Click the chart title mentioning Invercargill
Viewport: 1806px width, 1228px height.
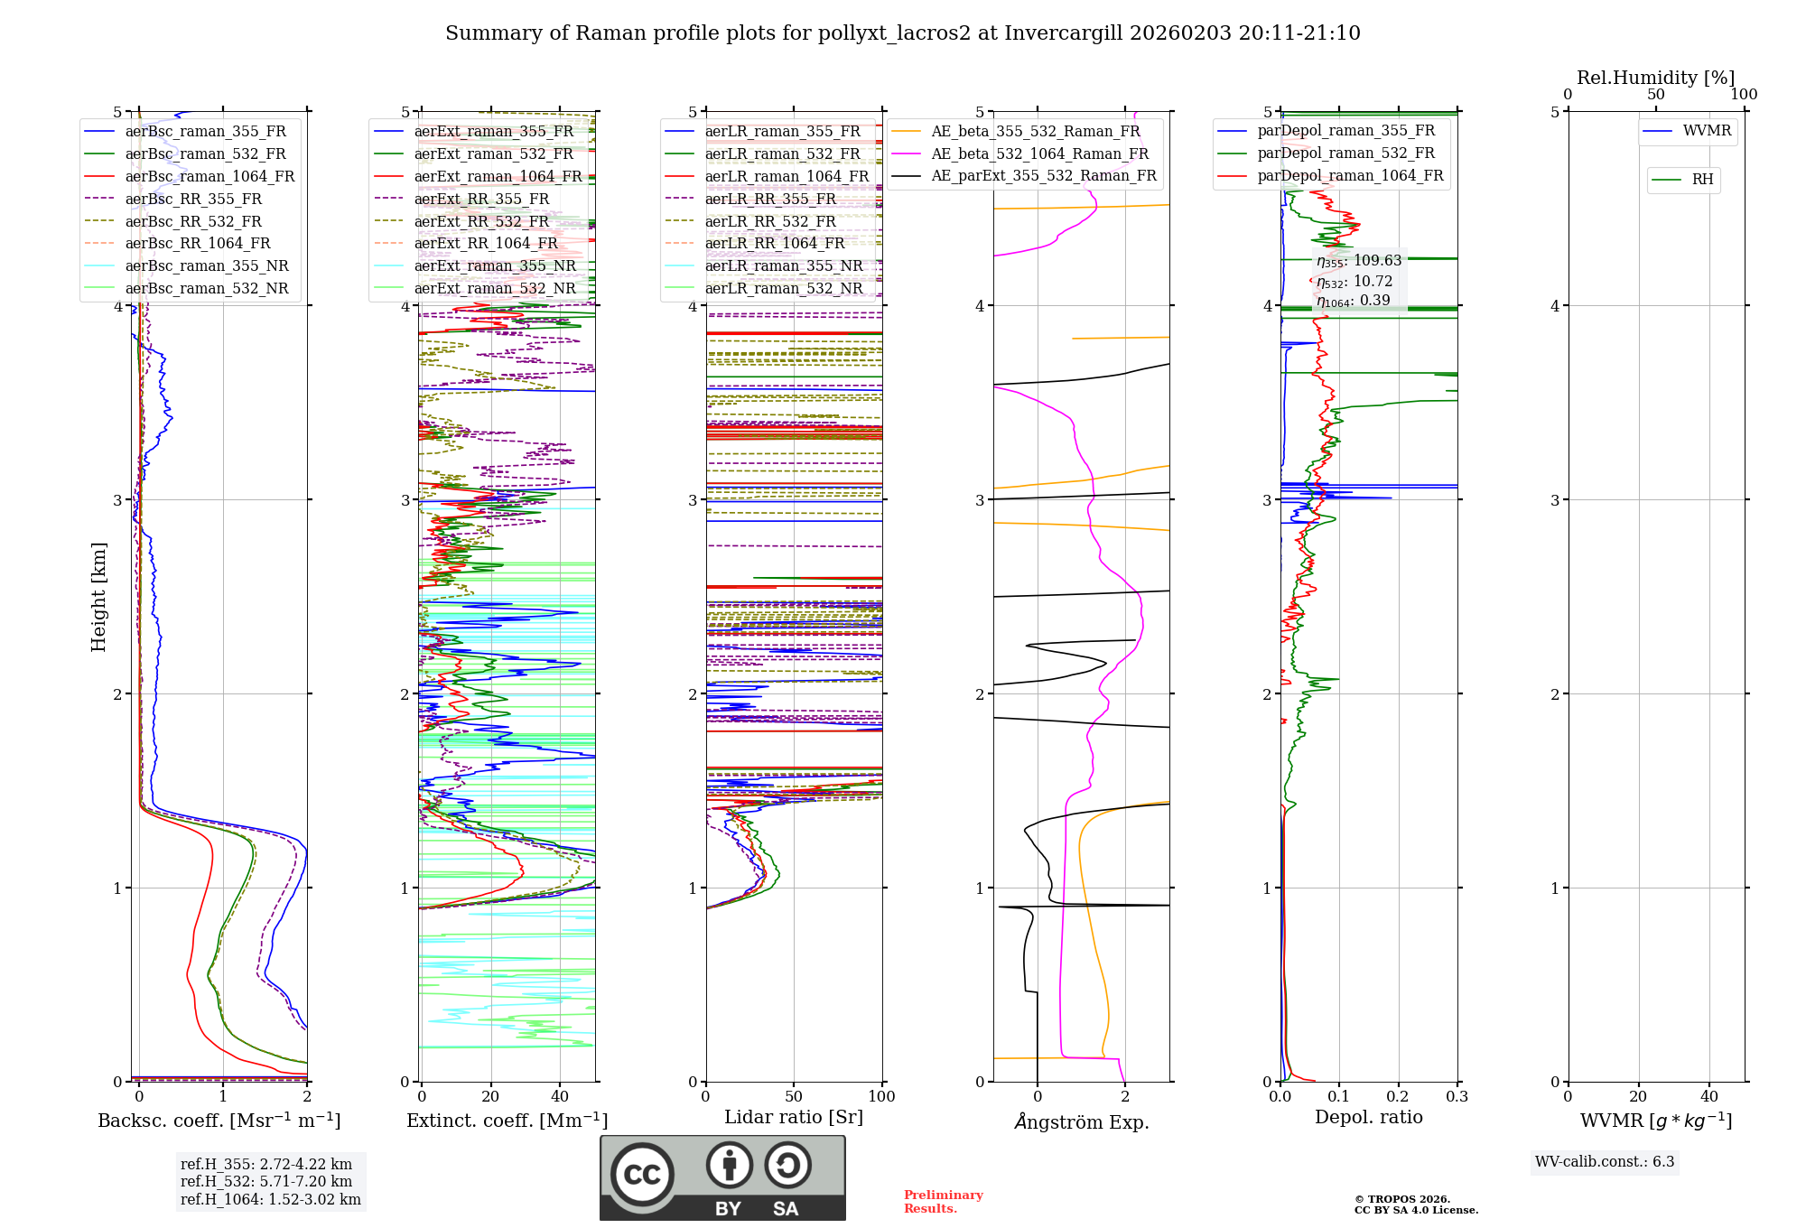[x=902, y=33]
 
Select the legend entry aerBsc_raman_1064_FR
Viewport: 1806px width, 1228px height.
[x=209, y=176]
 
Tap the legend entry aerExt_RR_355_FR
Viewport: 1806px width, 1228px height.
[x=481, y=199]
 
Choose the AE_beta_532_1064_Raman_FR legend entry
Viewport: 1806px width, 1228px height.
[x=1039, y=153]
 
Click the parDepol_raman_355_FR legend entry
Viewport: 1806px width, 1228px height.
[x=1345, y=131]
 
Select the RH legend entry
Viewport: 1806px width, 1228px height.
[x=1702, y=180]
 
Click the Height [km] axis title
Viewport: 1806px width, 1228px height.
[x=98, y=597]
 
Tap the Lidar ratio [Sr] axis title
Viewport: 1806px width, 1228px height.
[x=794, y=1117]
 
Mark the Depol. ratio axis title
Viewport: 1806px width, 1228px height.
[x=1368, y=1117]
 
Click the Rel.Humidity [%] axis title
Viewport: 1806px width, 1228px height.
[x=1655, y=78]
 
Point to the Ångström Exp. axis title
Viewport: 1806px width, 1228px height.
[x=1082, y=1121]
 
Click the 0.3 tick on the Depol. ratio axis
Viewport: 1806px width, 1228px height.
[x=1457, y=1097]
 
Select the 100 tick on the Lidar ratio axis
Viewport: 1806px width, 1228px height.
[x=881, y=1097]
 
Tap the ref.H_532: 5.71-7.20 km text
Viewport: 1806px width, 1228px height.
[x=266, y=1181]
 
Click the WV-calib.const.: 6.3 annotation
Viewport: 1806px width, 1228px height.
[x=1605, y=1162]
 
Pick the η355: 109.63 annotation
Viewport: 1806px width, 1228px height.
[x=1359, y=261]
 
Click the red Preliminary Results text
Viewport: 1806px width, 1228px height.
[x=943, y=1202]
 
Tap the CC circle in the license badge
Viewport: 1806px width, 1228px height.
[x=642, y=1175]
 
